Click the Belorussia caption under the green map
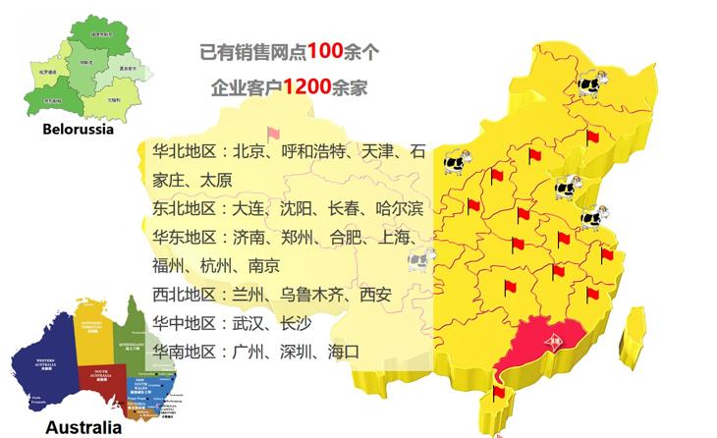point(79,129)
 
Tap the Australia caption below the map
point(83,427)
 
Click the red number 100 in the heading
point(326,50)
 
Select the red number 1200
point(307,87)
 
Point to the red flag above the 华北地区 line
point(273,134)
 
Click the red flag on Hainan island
point(499,394)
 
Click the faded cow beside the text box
point(420,260)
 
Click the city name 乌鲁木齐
point(312,294)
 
